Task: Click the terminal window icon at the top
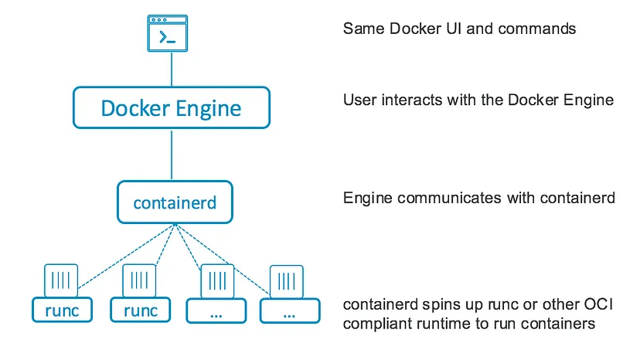click(171, 33)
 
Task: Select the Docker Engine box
click(171, 107)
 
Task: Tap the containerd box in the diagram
click(175, 203)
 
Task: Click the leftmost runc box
click(61, 311)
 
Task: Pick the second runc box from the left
click(140, 311)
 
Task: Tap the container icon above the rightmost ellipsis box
click(286, 282)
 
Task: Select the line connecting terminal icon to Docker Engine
click(171, 70)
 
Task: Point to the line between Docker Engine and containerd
click(171, 155)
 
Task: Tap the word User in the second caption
click(359, 100)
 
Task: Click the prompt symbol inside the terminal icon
click(165, 37)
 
